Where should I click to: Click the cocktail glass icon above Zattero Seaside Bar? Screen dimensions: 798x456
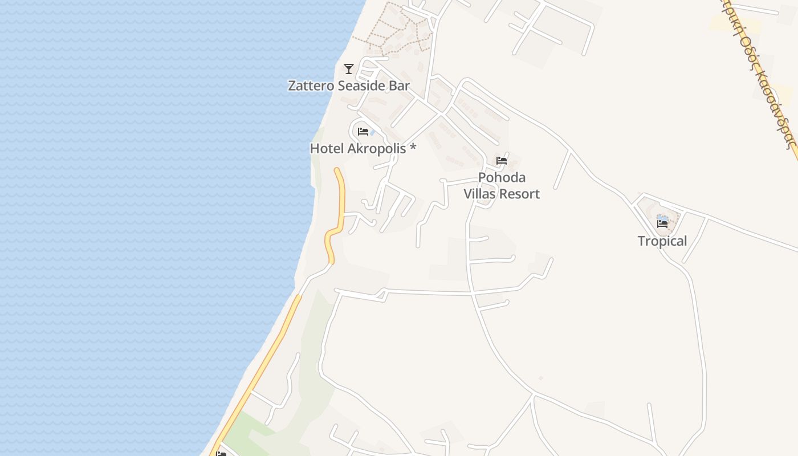pyautogui.click(x=349, y=69)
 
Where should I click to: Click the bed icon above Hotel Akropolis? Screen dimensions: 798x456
pyautogui.click(x=363, y=132)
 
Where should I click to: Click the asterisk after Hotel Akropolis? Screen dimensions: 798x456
pyautogui.click(x=413, y=148)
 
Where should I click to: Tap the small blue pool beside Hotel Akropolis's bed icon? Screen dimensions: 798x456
pyautogui.click(x=372, y=133)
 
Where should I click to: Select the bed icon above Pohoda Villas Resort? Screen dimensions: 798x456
pyautogui.click(x=502, y=161)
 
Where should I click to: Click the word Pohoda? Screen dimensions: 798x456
pyautogui.click(x=502, y=177)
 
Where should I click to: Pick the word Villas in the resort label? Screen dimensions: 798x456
pyautogui.click(x=482, y=194)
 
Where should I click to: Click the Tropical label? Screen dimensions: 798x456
pyautogui.click(x=662, y=241)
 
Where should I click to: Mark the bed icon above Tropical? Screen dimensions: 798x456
pyautogui.click(x=662, y=224)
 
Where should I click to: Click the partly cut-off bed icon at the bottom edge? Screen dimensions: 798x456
pyautogui.click(x=221, y=454)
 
